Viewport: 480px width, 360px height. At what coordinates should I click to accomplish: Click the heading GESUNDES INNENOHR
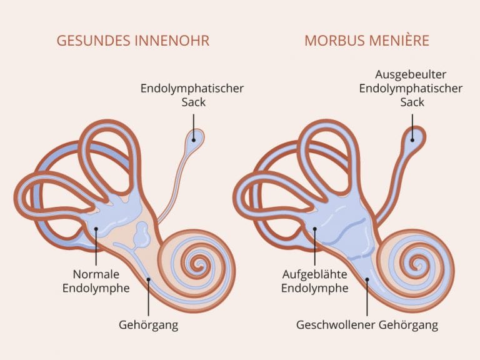click(x=133, y=41)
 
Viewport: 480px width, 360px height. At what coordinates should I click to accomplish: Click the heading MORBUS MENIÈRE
click(x=367, y=41)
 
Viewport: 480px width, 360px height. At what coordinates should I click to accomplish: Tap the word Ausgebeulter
click(x=411, y=75)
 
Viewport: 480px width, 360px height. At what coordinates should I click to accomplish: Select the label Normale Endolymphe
click(x=96, y=281)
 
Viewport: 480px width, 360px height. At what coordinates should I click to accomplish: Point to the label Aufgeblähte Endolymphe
click(x=315, y=281)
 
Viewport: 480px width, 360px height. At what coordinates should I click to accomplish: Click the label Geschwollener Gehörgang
click(x=367, y=325)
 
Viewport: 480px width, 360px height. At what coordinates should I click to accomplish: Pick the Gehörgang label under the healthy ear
click(x=149, y=325)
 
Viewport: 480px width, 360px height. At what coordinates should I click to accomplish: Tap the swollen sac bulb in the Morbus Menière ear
click(x=413, y=138)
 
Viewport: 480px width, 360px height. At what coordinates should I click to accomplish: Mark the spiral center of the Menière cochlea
click(x=417, y=262)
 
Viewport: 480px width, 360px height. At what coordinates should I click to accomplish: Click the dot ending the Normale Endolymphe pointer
click(x=96, y=229)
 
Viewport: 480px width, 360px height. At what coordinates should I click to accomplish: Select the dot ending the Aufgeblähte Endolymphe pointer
click(x=315, y=229)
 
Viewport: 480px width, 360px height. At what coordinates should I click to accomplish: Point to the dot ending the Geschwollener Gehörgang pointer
click(x=367, y=279)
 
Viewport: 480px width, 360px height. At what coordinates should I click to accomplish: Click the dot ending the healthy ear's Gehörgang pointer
click(x=149, y=279)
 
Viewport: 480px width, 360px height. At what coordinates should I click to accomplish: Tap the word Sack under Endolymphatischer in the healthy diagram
click(x=193, y=102)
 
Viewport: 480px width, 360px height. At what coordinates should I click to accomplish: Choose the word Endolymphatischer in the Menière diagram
click(x=411, y=89)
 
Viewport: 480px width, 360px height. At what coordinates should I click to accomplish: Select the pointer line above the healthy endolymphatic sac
click(x=194, y=127)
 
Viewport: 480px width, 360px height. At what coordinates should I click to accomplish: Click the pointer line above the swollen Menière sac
click(x=412, y=127)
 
